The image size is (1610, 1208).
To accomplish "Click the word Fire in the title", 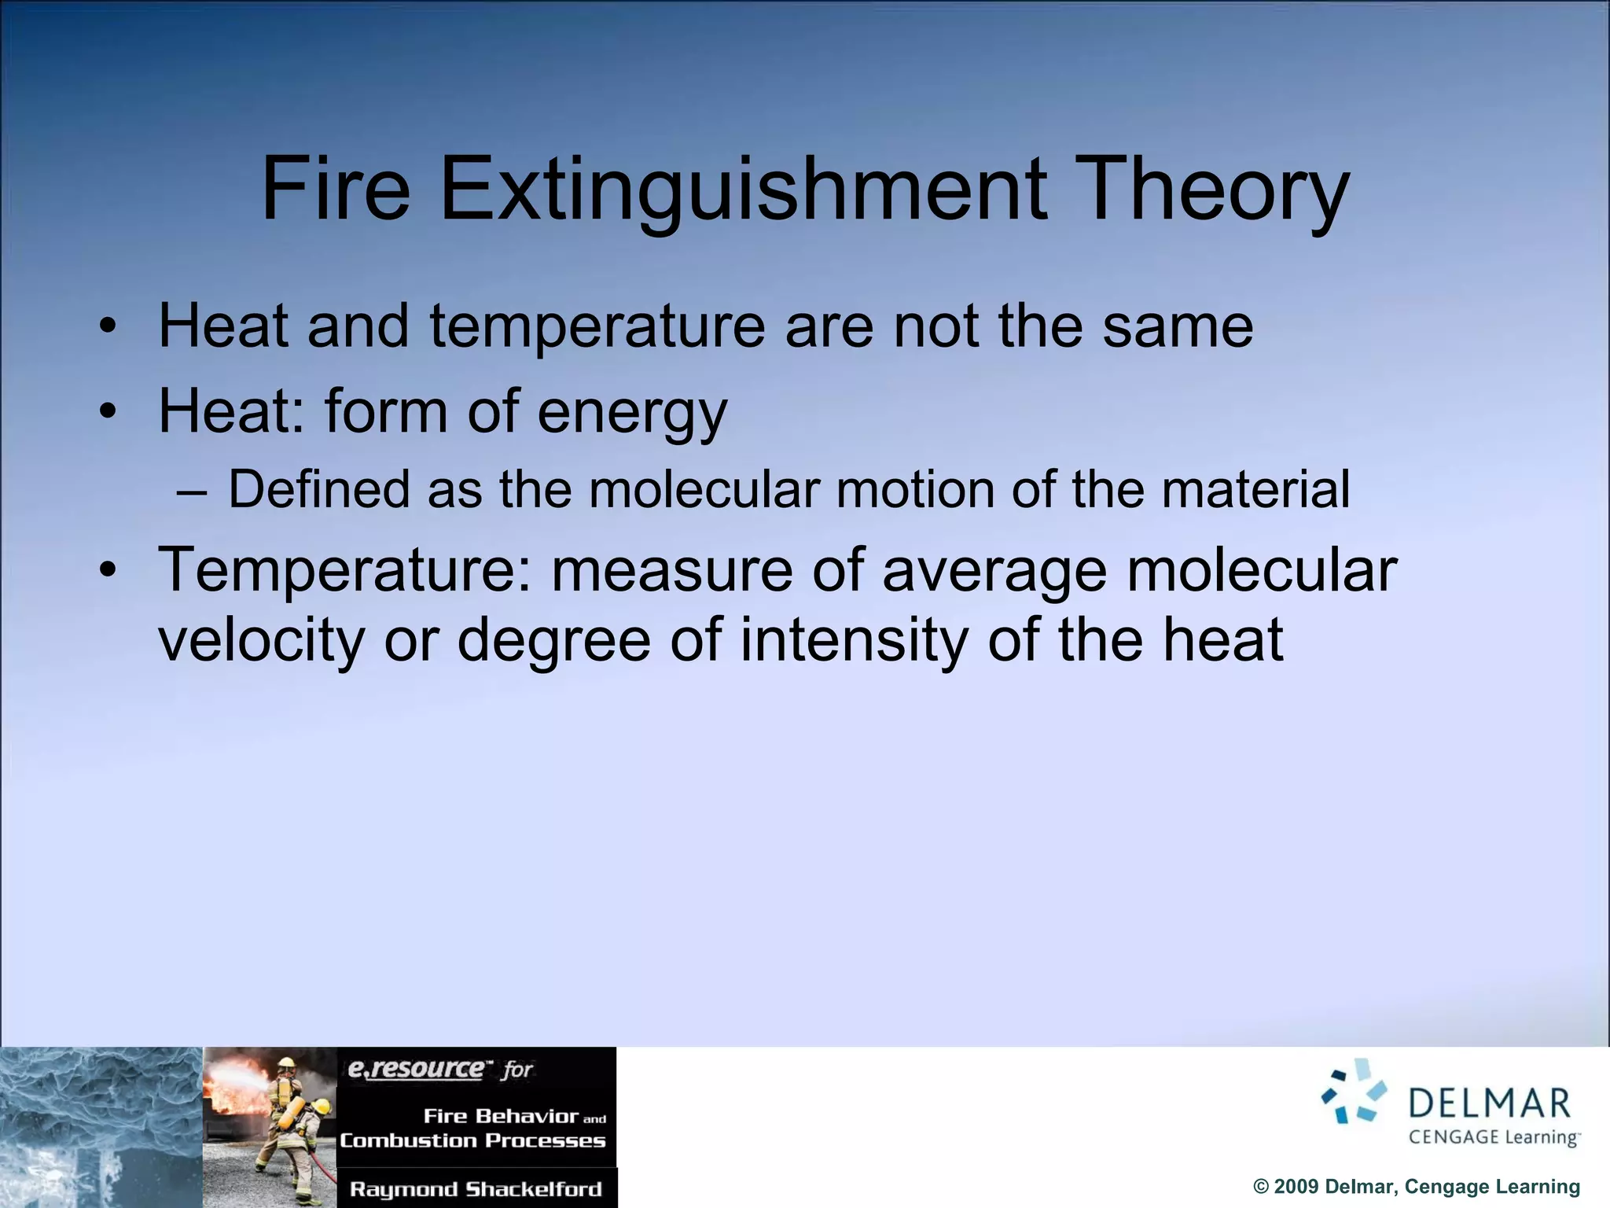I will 336,189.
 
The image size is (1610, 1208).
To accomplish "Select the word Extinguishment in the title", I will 743,189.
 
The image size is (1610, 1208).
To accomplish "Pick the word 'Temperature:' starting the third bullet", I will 344,569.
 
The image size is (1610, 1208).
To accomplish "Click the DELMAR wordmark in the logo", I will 1489,1103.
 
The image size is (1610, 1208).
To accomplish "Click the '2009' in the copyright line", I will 1296,1186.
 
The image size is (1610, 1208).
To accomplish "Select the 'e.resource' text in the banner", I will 417,1069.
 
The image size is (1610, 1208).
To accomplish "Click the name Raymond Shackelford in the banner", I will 476,1188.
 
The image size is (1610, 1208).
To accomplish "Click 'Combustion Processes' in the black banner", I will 472,1140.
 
